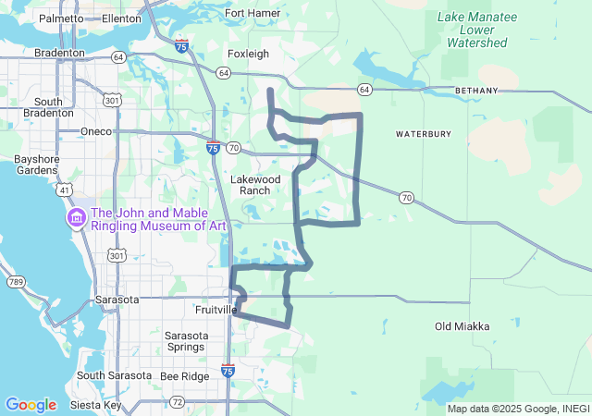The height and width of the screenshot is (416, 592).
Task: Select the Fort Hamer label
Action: (253, 13)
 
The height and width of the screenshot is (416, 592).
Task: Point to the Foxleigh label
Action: (249, 54)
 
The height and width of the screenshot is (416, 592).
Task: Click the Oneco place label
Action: (96, 131)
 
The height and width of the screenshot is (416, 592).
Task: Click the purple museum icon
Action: (75, 218)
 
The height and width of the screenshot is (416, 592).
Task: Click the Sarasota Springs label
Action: (184, 341)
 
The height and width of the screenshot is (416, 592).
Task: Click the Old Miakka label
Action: (462, 326)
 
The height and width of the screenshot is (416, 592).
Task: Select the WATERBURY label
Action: (424, 134)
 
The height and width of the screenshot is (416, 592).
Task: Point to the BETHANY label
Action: (476, 91)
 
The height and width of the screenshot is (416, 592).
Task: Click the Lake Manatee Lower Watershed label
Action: (475, 31)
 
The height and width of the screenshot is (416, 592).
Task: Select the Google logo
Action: (31, 405)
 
